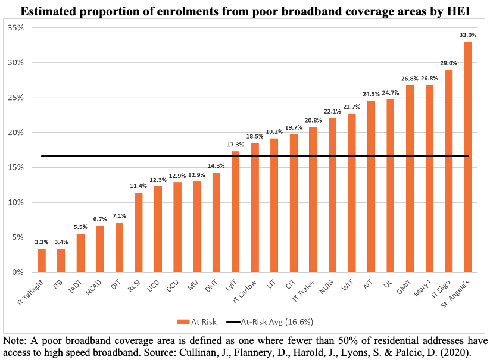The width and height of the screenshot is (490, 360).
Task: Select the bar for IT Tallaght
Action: click(x=42, y=260)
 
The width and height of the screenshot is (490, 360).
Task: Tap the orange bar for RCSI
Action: click(x=138, y=232)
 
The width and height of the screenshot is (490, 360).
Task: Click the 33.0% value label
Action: click(x=468, y=35)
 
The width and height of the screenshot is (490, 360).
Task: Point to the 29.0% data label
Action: click(x=448, y=63)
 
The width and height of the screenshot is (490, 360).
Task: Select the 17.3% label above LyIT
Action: click(x=235, y=145)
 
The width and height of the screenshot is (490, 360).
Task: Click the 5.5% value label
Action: click(x=80, y=227)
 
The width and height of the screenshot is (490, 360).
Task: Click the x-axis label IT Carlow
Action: click(x=245, y=291)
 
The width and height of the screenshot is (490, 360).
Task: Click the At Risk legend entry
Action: click(x=197, y=322)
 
